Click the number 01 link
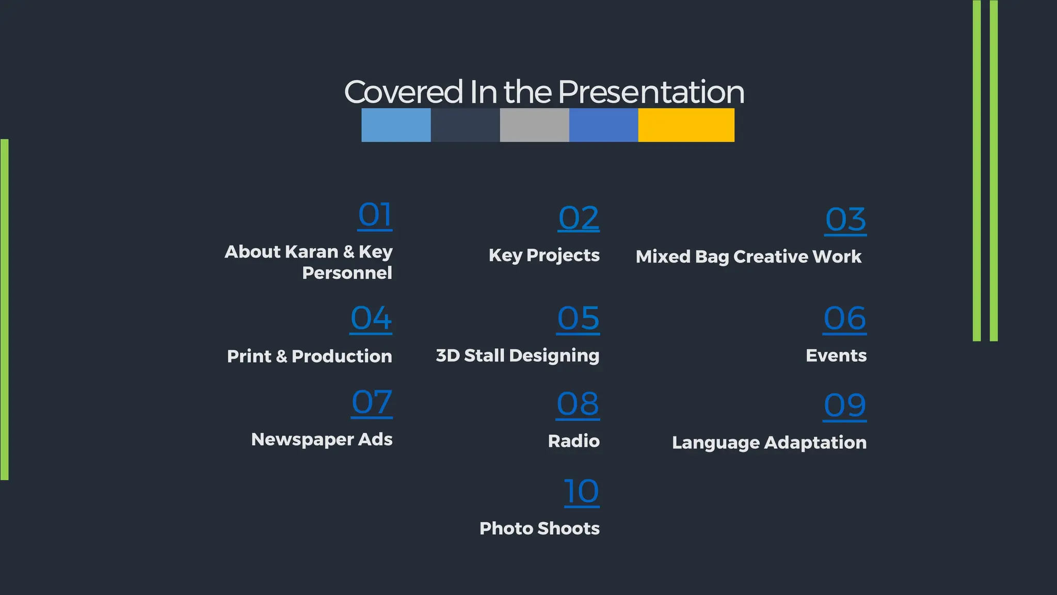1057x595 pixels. click(375, 215)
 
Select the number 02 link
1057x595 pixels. click(579, 218)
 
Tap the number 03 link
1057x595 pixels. click(845, 220)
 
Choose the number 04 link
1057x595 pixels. click(371, 318)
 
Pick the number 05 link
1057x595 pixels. click(579, 318)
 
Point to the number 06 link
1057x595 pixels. click(844, 318)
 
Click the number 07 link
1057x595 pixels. click(372, 403)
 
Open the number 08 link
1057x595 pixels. click(578, 404)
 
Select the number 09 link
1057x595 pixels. click(844, 405)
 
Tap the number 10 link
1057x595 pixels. click(582, 491)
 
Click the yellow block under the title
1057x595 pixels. click(686, 125)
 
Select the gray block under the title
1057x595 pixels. click(534, 125)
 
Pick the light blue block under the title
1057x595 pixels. click(396, 125)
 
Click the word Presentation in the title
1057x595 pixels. click(651, 92)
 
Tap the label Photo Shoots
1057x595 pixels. click(539, 528)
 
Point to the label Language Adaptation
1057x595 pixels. click(769, 443)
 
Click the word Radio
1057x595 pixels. click(573, 441)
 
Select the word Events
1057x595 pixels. click(836, 355)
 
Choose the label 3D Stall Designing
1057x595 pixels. click(518, 355)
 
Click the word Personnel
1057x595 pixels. click(347, 273)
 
